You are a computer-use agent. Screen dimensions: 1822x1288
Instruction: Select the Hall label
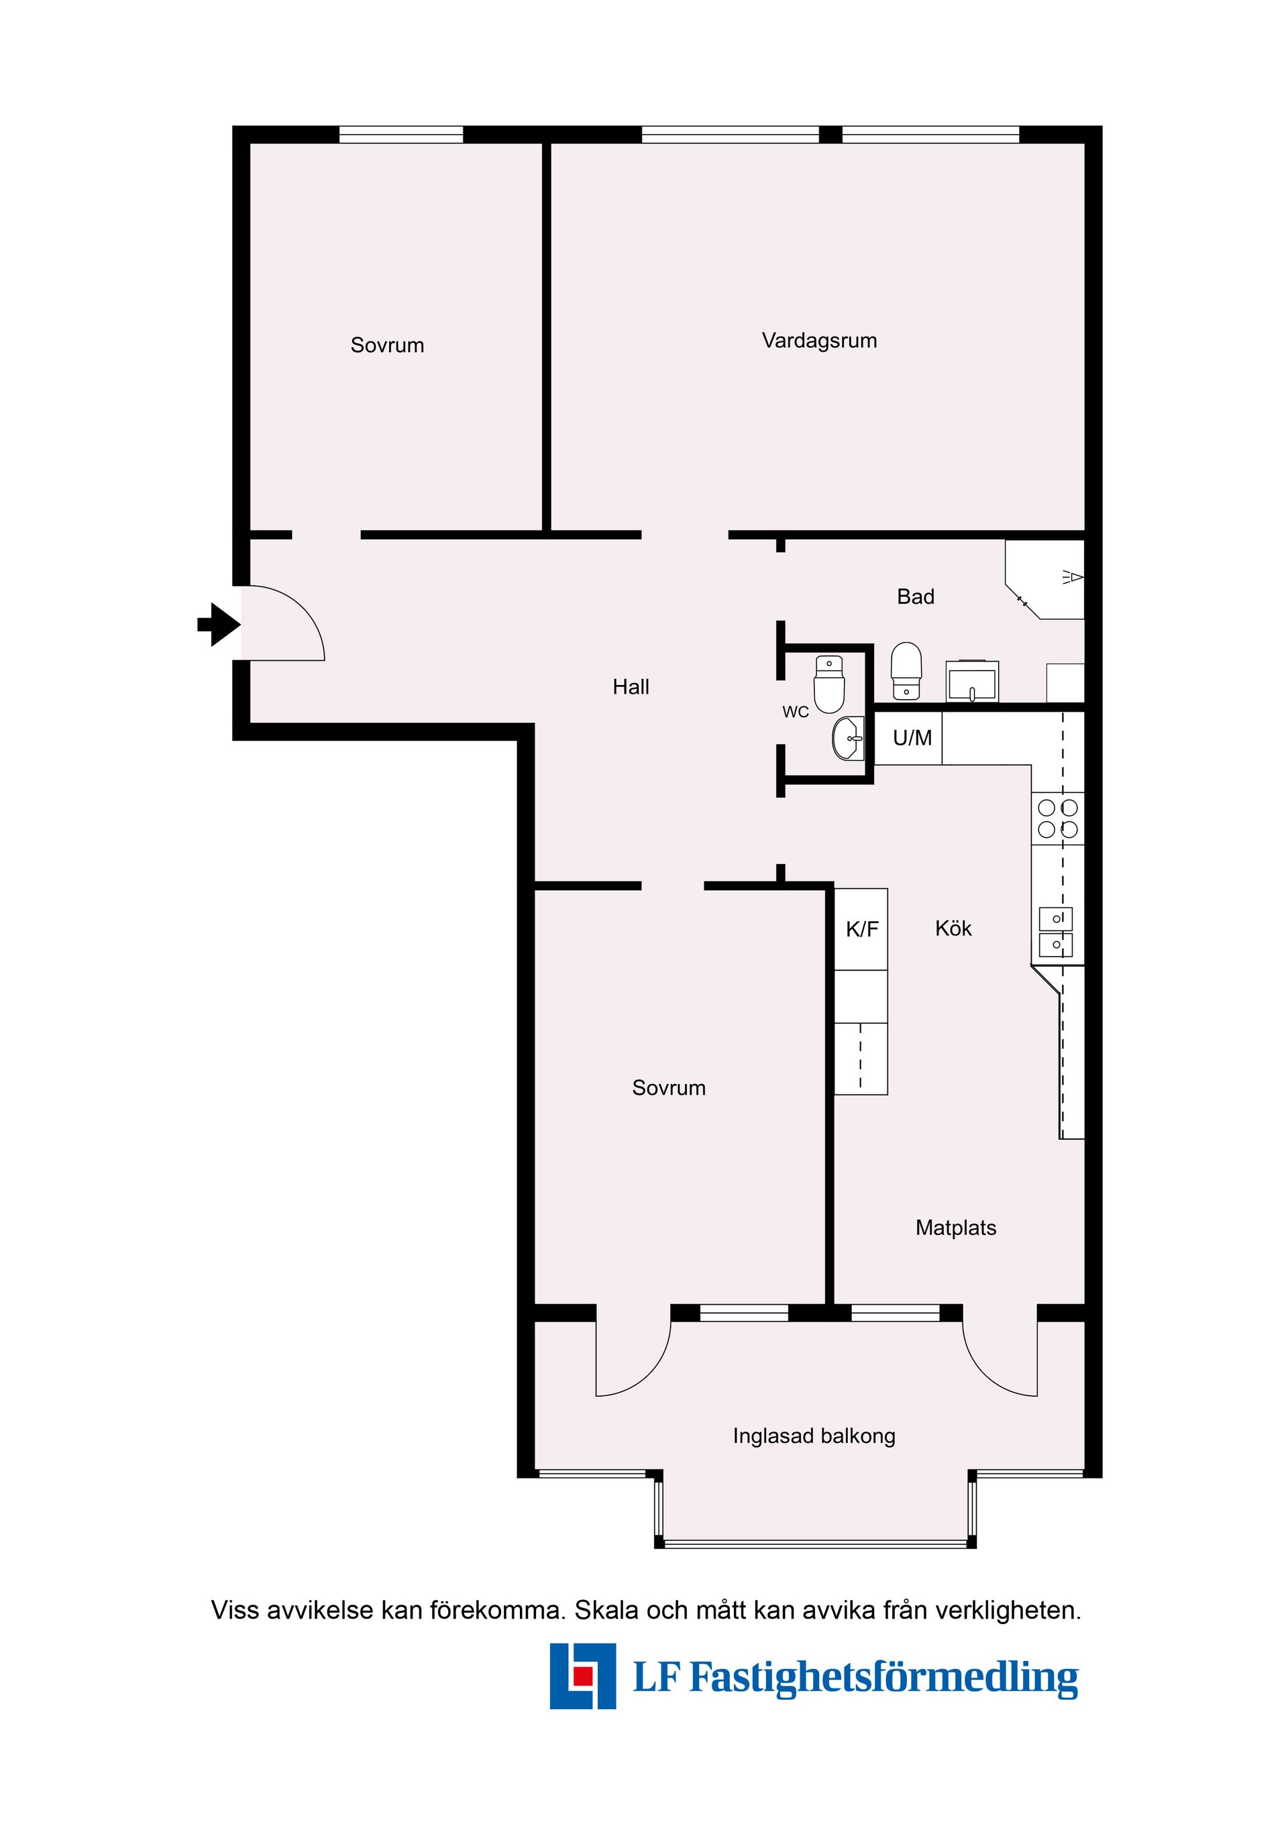(x=630, y=686)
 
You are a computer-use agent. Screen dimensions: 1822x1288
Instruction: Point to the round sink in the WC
(x=849, y=739)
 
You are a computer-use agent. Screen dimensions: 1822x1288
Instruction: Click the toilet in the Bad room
(x=906, y=672)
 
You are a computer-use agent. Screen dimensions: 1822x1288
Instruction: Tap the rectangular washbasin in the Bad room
(x=971, y=682)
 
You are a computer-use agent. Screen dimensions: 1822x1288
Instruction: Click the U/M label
(x=912, y=738)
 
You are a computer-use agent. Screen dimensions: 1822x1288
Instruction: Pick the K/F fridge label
(x=862, y=929)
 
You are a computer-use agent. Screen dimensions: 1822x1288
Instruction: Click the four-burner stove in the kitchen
(x=1057, y=818)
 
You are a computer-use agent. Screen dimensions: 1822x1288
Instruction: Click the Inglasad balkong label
(x=814, y=1436)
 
